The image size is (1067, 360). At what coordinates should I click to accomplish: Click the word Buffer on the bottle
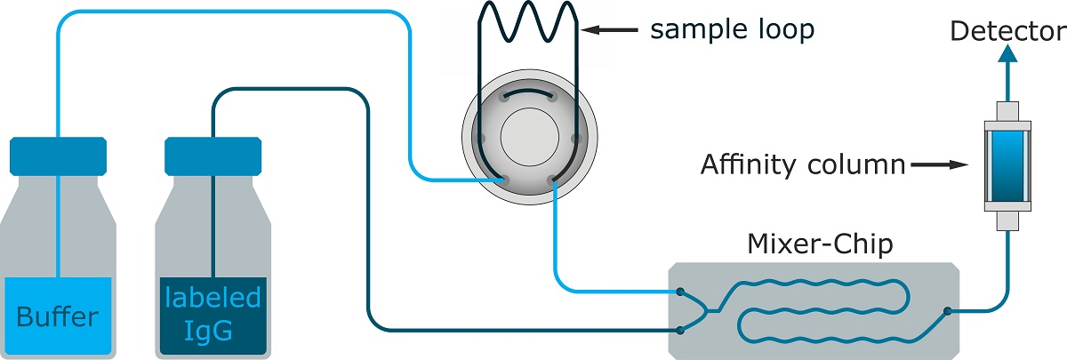(x=59, y=316)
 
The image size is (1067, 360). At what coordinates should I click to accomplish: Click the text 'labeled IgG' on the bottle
(x=213, y=314)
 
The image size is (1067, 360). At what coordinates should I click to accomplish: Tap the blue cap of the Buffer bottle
(x=59, y=156)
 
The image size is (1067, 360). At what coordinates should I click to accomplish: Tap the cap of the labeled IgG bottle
(x=213, y=156)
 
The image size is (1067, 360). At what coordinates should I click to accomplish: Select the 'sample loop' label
(x=732, y=30)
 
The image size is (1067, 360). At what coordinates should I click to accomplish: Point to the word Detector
(x=1007, y=32)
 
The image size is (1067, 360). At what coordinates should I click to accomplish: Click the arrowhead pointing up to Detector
(x=1007, y=55)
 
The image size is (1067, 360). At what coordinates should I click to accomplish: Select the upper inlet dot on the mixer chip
(x=680, y=291)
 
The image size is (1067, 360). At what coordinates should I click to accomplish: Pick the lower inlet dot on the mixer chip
(x=680, y=330)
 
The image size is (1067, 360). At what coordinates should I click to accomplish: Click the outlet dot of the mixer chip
(x=949, y=310)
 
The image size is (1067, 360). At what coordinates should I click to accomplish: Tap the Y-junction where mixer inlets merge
(x=708, y=311)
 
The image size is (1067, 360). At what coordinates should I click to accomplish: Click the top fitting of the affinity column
(x=1007, y=114)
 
